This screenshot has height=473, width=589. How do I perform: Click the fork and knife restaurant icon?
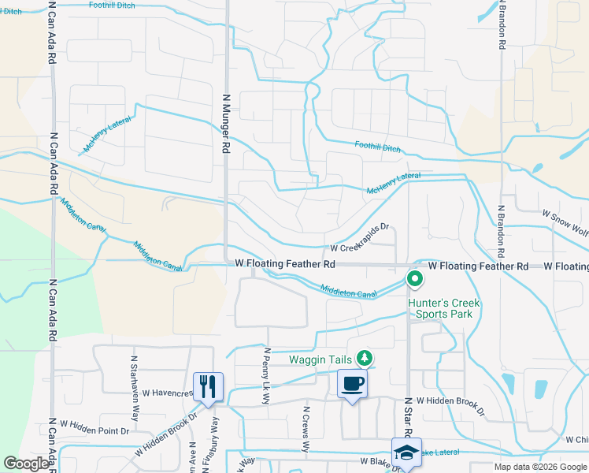[x=208, y=386]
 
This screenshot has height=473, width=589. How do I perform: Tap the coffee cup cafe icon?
[x=352, y=385]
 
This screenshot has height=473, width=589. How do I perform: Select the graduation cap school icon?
[x=406, y=453]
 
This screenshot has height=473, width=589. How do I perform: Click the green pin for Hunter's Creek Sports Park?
[x=414, y=279]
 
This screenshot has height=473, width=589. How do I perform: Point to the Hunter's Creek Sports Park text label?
[x=443, y=309]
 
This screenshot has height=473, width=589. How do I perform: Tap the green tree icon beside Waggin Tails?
[x=364, y=359]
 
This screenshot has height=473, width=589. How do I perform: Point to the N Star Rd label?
[x=408, y=418]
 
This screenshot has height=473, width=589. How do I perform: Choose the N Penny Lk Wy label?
[x=266, y=376]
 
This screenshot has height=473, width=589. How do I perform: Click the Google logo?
[x=28, y=464]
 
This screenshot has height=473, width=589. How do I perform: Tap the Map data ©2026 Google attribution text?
[x=540, y=467]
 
